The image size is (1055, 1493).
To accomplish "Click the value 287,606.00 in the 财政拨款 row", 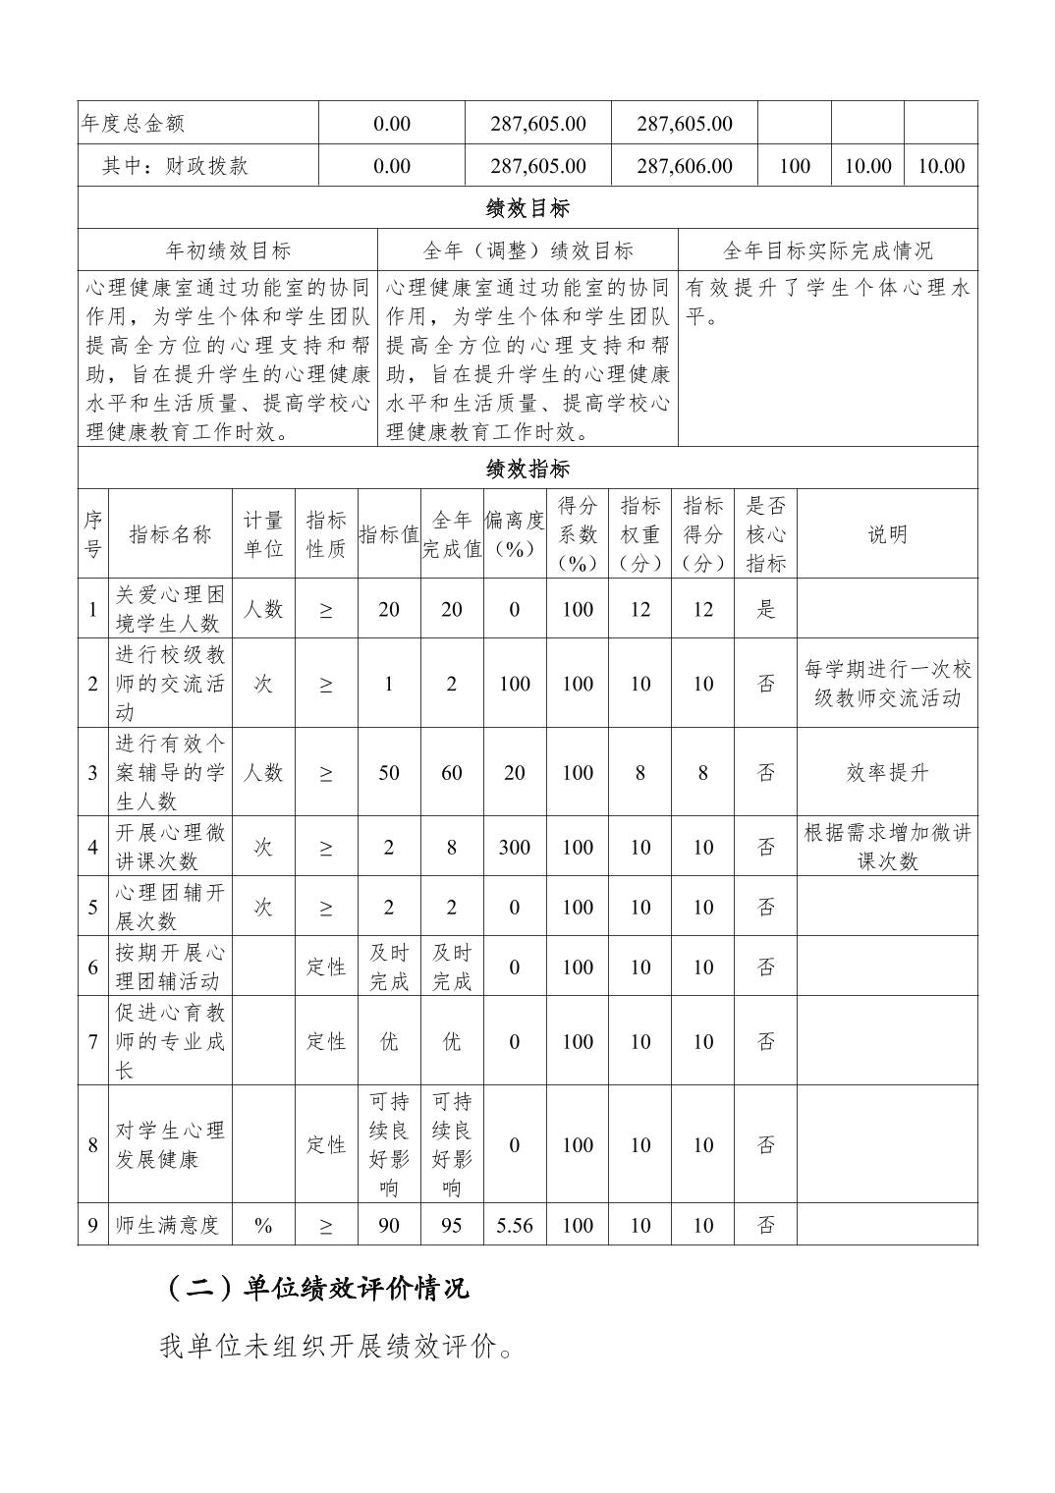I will (684, 166).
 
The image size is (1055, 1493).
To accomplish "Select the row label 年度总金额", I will (133, 124).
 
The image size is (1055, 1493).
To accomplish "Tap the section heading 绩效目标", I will (527, 208).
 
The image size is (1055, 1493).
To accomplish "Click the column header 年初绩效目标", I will (228, 250).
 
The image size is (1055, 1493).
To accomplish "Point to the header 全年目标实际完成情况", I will (827, 250).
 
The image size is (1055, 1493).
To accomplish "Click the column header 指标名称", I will (170, 534).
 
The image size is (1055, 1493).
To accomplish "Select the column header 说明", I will (886, 534).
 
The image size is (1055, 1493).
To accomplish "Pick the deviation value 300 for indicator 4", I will (514, 847).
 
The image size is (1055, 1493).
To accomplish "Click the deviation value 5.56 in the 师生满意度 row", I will (514, 1225).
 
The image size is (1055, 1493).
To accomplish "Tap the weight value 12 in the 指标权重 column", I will (639, 609).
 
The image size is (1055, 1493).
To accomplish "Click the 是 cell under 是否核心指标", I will (765, 609).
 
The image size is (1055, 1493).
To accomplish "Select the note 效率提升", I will (886, 772).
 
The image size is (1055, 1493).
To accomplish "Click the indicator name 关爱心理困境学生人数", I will (170, 609).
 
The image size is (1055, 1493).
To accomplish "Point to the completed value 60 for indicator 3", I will (451, 772).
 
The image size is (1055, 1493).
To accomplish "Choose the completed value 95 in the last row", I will (451, 1225).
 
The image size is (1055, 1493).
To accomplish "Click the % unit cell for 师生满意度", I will (262, 1225).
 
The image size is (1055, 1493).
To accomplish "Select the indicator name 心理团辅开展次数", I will (170, 907).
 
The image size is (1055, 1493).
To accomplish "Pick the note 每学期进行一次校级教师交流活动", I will (886, 684).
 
